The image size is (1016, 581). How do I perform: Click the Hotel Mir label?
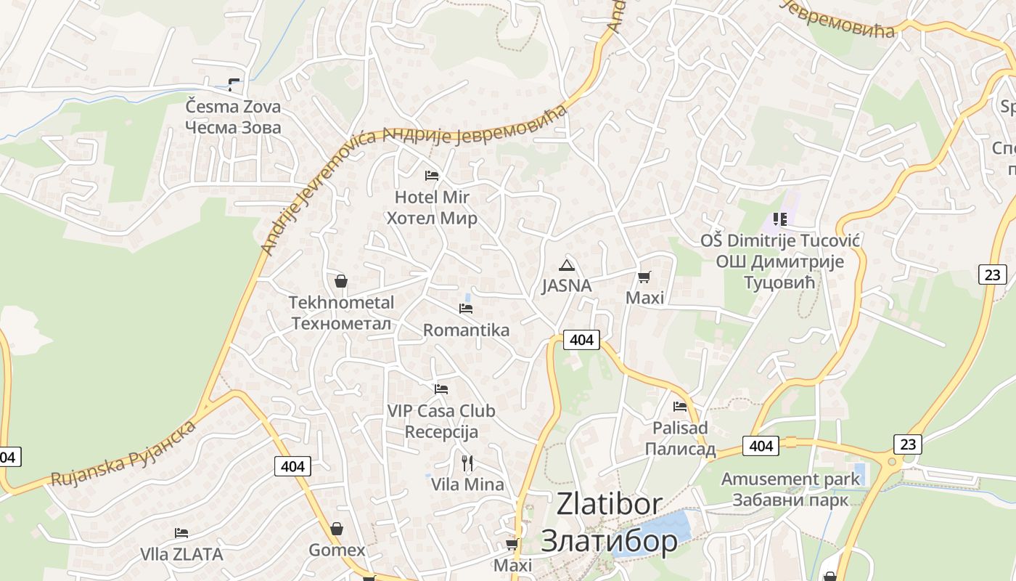(x=432, y=208)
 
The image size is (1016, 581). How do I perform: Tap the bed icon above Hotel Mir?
(x=432, y=176)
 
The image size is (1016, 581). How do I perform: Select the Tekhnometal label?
(x=341, y=313)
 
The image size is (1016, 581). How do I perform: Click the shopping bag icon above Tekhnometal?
(x=340, y=281)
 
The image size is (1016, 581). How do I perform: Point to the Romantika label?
(x=466, y=330)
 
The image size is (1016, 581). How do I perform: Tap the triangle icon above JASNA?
(x=567, y=265)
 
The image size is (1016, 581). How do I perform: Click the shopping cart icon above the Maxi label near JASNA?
(x=644, y=277)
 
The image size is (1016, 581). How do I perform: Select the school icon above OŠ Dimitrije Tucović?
(x=780, y=219)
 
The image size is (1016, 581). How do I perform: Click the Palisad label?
(x=680, y=439)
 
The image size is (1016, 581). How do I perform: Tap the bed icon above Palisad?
(x=680, y=407)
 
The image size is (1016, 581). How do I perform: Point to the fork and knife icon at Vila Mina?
(x=467, y=463)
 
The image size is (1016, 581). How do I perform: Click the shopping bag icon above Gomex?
(x=336, y=529)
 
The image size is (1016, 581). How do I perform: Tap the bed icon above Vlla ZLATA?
(x=181, y=534)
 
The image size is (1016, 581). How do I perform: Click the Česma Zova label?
(x=233, y=117)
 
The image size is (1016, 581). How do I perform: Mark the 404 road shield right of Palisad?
(x=760, y=445)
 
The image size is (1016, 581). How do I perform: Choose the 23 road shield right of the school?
(x=992, y=275)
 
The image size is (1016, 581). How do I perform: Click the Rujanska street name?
(x=123, y=453)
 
